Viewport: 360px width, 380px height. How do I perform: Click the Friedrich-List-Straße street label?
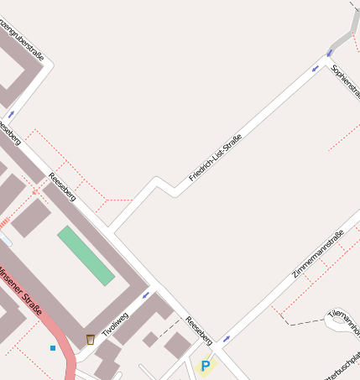(x=216, y=158)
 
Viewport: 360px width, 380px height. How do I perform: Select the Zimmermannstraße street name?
(x=318, y=254)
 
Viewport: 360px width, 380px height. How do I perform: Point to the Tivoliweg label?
(x=115, y=323)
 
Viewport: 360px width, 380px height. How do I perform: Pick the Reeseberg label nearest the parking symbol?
(x=200, y=332)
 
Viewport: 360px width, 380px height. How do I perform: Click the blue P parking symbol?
(x=206, y=366)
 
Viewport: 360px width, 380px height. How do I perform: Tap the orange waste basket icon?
(x=90, y=339)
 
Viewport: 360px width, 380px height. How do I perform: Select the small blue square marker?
(x=53, y=347)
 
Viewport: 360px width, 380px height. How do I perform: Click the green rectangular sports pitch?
(x=86, y=255)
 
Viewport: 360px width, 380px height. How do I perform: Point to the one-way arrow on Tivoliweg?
(x=146, y=294)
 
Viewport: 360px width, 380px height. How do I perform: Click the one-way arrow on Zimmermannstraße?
(x=227, y=338)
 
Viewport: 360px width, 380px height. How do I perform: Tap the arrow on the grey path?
(x=328, y=53)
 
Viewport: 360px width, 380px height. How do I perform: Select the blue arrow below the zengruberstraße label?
(x=12, y=113)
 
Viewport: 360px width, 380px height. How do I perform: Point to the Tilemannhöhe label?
(x=346, y=316)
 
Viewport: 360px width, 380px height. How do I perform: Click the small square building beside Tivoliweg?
(x=150, y=340)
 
